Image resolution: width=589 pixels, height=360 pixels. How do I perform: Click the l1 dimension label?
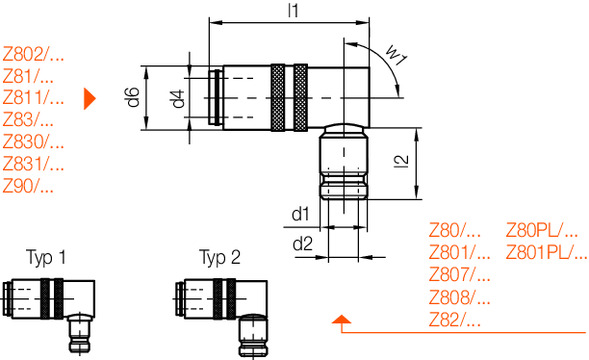tap(293, 10)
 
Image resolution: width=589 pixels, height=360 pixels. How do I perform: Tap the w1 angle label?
tap(397, 55)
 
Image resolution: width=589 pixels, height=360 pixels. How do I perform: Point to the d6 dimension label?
tap(133, 97)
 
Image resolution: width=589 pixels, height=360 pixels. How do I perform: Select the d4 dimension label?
tap(178, 99)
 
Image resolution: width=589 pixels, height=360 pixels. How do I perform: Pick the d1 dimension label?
tap(301, 214)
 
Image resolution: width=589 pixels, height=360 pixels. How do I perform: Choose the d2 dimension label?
tap(302, 244)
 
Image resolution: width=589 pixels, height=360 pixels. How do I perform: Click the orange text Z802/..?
tap(33, 54)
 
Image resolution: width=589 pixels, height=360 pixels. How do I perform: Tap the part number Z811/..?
tap(33, 98)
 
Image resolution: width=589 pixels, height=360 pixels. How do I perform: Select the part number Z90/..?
tap(28, 186)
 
